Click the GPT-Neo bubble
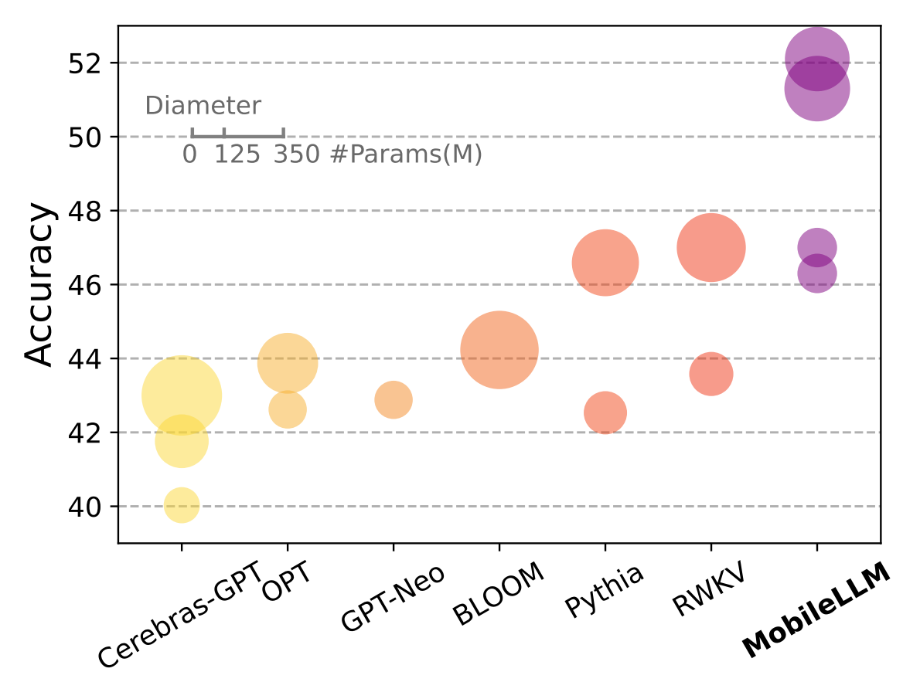(394, 400)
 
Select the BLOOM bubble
(499, 350)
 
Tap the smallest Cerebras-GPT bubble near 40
(182, 505)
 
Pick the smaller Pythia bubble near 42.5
(605, 412)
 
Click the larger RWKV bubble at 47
(711, 247)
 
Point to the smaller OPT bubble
(288, 409)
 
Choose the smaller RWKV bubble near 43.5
(711, 374)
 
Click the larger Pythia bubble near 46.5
(605, 263)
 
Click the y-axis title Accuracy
(39, 285)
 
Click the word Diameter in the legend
(203, 106)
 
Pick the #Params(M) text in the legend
(406, 155)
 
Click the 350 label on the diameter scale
(295, 155)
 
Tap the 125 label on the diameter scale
(237, 155)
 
